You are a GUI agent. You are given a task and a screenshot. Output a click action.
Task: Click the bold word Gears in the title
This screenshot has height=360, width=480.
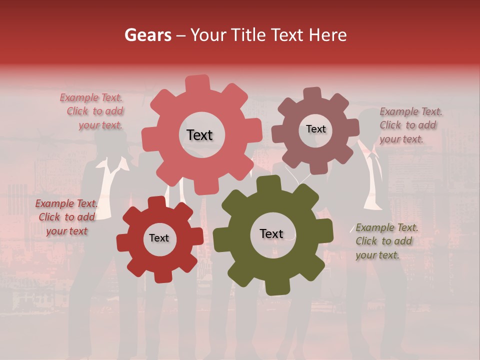[x=147, y=35]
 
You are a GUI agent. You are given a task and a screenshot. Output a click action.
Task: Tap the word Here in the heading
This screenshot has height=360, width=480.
[x=328, y=35]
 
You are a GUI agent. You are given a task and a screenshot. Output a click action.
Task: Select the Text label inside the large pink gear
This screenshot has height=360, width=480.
[x=199, y=135]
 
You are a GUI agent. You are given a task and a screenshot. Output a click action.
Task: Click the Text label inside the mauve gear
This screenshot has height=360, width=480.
[x=315, y=129]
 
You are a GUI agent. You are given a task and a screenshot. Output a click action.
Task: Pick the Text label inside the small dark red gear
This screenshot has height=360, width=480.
[x=159, y=238]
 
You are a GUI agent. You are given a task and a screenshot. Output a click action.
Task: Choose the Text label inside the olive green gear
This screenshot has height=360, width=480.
[x=271, y=233]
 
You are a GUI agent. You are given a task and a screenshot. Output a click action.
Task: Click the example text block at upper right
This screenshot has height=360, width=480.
[x=410, y=125]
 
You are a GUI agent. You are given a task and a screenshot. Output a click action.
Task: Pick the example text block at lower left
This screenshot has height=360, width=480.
[x=66, y=217]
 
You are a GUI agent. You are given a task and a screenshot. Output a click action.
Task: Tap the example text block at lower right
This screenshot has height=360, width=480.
[x=386, y=241]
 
